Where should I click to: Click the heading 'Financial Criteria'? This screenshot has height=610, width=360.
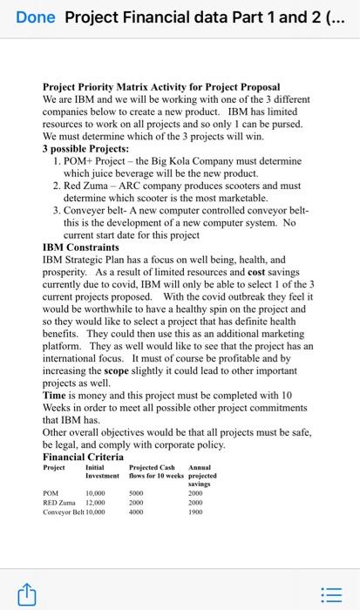click(83, 457)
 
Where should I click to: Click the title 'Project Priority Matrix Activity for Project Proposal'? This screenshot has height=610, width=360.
click(161, 88)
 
